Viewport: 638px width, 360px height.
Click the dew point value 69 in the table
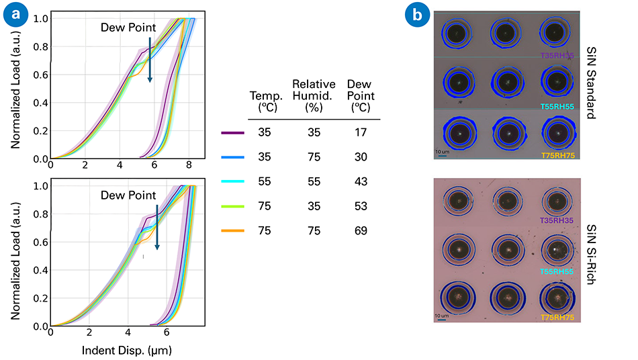pos(361,231)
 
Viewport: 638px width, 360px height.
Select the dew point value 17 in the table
pos(361,134)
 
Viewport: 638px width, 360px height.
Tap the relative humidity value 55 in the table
pos(313,182)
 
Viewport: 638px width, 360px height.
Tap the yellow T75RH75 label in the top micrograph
pos(557,156)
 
